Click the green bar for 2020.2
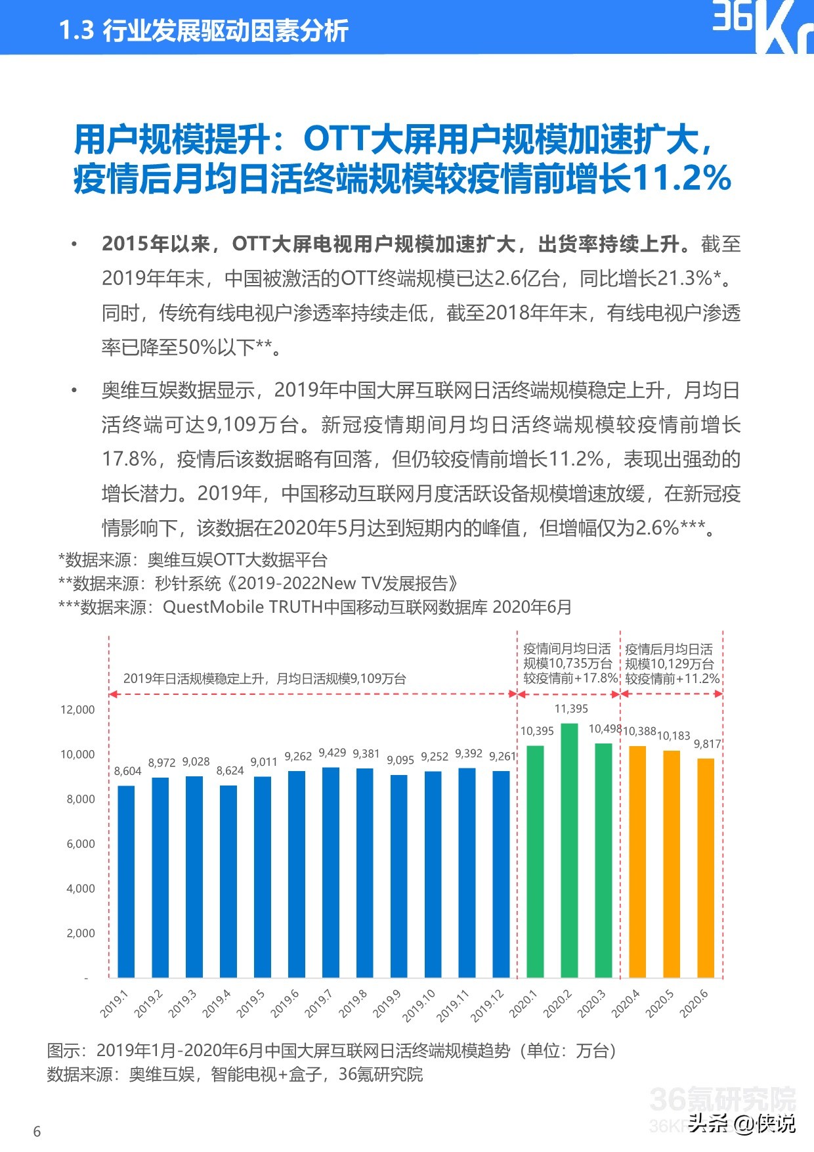[x=569, y=851]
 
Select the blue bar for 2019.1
[x=126, y=881]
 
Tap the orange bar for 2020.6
[x=706, y=868]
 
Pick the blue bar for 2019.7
[x=331, y=872]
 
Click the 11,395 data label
[x=571, y=709]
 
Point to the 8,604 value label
[x=127, y=771]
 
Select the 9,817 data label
[x=707, y=744]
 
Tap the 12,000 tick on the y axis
[x=77, y=709]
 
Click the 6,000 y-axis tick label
[x=81, y=843]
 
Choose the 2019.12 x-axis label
[x=487, y=1006]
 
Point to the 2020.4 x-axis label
[x=625, y=1004]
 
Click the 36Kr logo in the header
[x=761, y=26]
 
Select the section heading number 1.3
[x=77, y=31]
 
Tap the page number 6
[x=37, y=1131]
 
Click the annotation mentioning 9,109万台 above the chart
[x=265, y=678]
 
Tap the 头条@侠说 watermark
[x=742, y=1123]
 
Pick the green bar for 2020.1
[x=535, y=862]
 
